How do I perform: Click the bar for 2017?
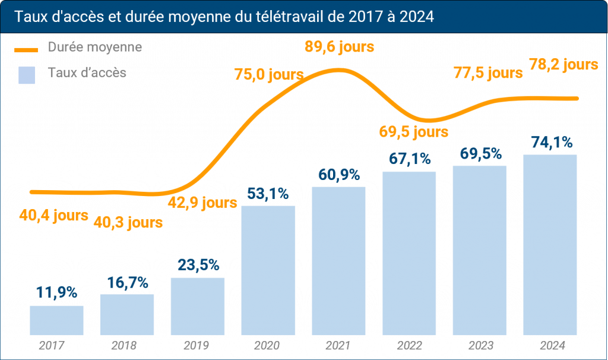pyautogui.click(x=56, y=320)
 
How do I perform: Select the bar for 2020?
pyautogui.click(x=268, y=270)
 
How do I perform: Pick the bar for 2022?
pyautogui.click(x=409, y=253)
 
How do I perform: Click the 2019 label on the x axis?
pyautogui.click(x=198, y=345)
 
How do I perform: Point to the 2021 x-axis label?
pyautogui.click(x=338, y=345)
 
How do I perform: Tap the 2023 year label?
pyautogui.click(x=479, y=345)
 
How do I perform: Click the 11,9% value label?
pyautogui.click(x=56, y=292)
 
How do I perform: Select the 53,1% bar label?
pyautogui.click(x=268, y=193)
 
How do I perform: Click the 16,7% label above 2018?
pyautogui.click(x=127, y=282)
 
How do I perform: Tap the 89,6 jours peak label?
pyautogui.click(x=339, y=46)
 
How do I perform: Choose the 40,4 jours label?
pyautogui.click(x=53, y=216)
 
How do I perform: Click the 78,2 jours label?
pyautogui.click(x=563, y=64)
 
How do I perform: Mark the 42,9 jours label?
pyautogui.click(x=203, y=202)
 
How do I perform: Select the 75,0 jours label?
pyautogui.click(x=268, y=74)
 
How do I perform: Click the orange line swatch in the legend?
pyautogui.click(x=27, y=48)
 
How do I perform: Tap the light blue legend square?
pyautogui.click(x=27, y=75)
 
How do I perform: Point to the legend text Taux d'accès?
pyautogui.click(x=87, y=73)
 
